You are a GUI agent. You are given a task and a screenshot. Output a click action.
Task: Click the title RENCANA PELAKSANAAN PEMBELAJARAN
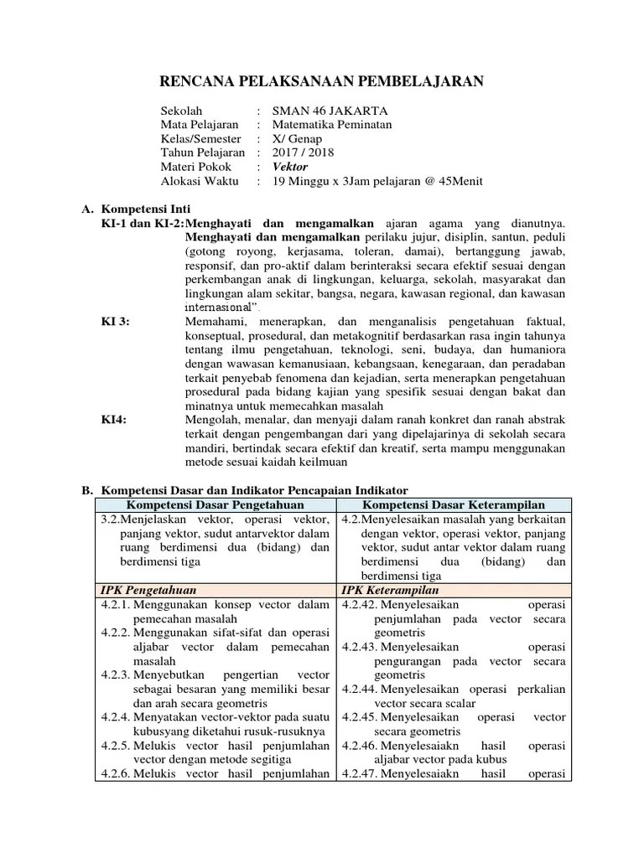(322, 81)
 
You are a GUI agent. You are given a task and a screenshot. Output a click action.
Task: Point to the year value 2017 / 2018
(304, 152)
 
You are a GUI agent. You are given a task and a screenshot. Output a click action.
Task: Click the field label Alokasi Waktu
(200, 181)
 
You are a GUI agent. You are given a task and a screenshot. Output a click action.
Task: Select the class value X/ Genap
(298, 139)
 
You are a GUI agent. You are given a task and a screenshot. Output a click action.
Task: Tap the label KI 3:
(116, 322)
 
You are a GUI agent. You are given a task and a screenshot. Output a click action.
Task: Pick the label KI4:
(114, 421)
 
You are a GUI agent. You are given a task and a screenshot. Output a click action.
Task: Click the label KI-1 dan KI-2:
(142, 224)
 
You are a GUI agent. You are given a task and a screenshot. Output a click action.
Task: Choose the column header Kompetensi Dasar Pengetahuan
(215, 504)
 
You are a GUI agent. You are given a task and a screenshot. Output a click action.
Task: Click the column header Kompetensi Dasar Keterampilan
(454, 504)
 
